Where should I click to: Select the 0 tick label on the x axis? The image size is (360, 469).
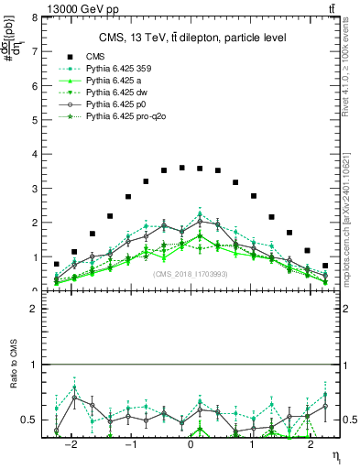(191, 446)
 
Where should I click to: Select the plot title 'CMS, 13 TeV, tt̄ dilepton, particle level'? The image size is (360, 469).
(192, 38)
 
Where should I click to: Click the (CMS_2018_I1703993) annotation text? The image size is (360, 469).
(191, 273)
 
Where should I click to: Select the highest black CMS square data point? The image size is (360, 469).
(181, 168)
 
